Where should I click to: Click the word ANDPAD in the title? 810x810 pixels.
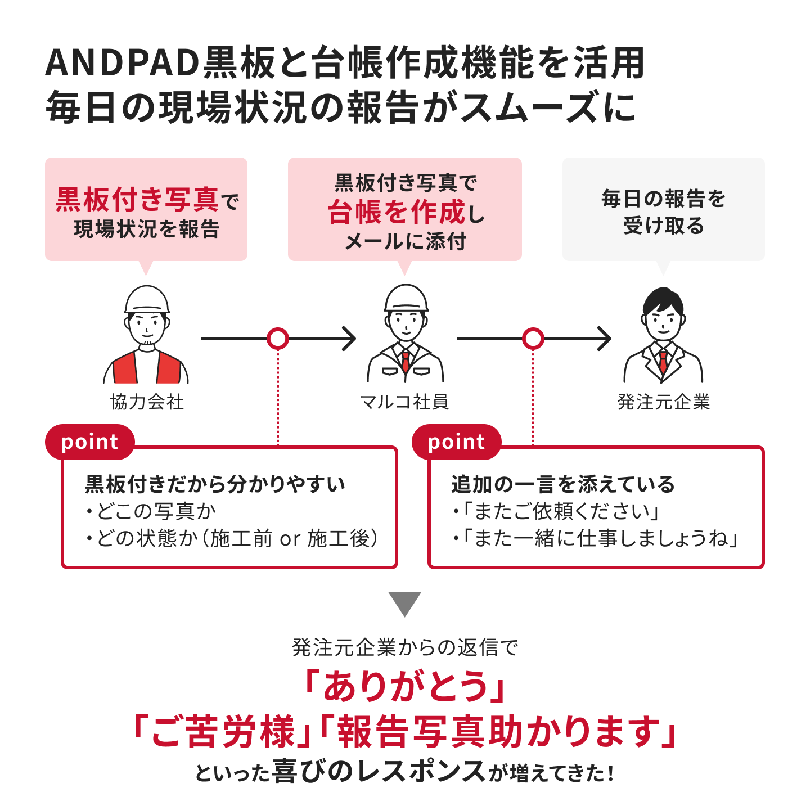[x=122, y=63]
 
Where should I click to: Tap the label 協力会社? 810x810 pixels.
[x=147, y=402]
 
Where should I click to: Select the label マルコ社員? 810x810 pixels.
[x=405, y=402]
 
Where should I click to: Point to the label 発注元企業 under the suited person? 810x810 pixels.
[x=663, y=402]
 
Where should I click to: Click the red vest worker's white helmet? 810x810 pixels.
[x=147, y=300]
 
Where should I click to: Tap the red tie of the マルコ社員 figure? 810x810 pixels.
[x=406, y=361]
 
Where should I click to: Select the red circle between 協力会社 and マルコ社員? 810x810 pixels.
[x=278, y=339]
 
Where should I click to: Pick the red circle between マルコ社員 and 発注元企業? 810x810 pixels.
[x=533, y=339]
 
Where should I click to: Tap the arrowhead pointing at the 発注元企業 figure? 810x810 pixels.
[x=605, y=339]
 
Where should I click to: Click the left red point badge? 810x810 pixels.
[x=90, y=442]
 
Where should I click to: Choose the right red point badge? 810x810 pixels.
[x=457, y=442]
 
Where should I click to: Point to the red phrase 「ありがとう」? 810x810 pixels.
[x=405, y=686]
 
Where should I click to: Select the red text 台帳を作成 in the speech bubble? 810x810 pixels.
[x=397, y=212]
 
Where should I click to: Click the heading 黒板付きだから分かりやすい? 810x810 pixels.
[x=215, y=484]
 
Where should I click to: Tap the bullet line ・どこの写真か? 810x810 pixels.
[x=151, y=511]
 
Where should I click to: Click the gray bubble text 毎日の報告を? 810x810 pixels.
[x=663, y=199]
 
